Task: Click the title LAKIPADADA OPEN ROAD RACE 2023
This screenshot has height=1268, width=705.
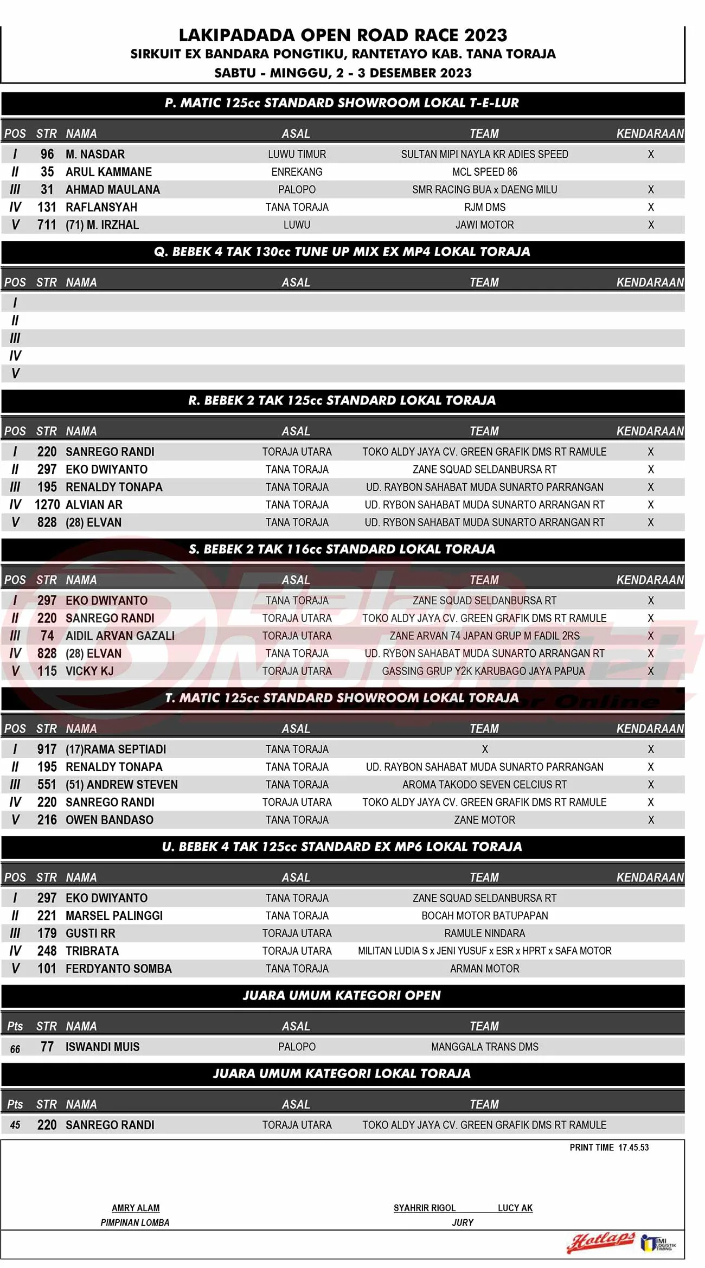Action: click(x=343, y=36)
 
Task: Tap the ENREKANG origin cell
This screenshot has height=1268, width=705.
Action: click(x=297, y=172)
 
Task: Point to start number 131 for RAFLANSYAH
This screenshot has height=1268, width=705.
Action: click(x=47, y=207)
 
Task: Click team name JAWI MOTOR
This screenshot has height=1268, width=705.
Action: click(x=484, y=225)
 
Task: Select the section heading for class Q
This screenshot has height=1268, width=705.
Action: click(x=342, y=252)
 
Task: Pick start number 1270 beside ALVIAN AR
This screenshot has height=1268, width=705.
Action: click(x=47, y=505)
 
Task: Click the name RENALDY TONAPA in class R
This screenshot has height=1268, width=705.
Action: click(x=114, y=487)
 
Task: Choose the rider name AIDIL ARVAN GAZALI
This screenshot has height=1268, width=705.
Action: click(x=120, y=636)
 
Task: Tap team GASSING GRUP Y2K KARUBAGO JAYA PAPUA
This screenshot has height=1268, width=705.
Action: click(x=483, y=671)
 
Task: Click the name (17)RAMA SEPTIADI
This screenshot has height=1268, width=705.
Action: click(x=116, y=750)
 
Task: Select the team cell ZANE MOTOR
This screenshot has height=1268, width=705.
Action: click(x=484, y=820)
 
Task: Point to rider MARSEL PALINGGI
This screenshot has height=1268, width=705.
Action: click(x=114, y=916)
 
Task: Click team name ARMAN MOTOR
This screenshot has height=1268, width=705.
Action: click(x=484, y=969)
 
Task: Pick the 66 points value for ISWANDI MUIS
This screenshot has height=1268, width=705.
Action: click(x=15, y=1049)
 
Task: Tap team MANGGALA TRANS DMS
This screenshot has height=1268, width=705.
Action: click(x=484, y=1047)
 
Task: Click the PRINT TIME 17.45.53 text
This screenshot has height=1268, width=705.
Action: click(x=609, y=1148)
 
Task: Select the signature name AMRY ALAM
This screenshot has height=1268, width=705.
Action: click(x=136, y=1208)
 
